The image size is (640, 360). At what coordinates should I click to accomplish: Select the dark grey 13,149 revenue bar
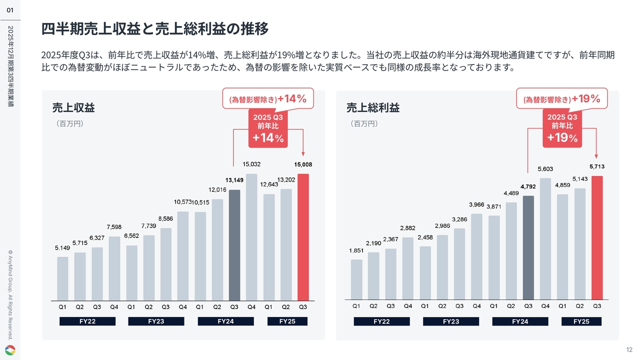pos(234,245)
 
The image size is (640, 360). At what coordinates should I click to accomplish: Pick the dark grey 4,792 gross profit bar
pos(528,247)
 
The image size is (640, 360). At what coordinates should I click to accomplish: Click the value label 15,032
pos(251,164)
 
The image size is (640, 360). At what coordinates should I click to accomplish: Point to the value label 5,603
pos(545,169)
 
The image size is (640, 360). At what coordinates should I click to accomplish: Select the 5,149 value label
pos(62,247)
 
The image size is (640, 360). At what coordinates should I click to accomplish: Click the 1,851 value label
pos(356,250)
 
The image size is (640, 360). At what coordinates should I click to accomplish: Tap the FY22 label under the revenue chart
pos(87,321)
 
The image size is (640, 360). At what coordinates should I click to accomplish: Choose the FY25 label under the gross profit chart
pos(581,321)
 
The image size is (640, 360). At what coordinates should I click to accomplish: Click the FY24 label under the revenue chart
pos(226,321)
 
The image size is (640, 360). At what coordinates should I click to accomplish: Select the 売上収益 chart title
pos(73,107)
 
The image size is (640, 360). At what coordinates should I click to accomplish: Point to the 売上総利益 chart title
pos(373,107)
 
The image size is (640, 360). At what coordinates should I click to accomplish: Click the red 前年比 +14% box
pos(268,129)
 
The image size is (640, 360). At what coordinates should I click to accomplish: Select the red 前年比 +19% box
pos(562,129)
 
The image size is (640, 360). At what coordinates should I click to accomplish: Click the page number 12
pos(629,349)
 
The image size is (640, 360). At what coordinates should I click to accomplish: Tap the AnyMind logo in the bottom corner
pos(10,350)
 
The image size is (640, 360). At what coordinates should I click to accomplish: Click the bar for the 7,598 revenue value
pos(114,268)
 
